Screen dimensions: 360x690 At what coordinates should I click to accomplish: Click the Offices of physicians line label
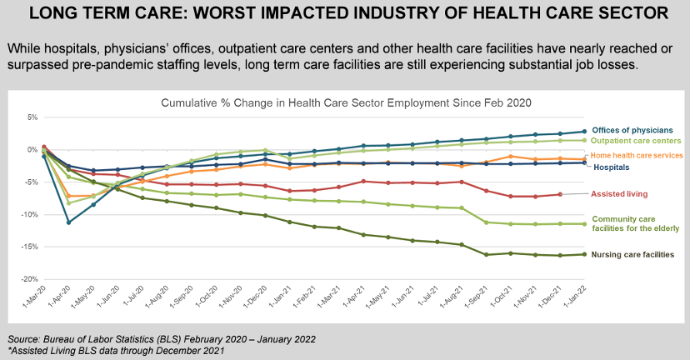pyautogui.click(x=637, y=131)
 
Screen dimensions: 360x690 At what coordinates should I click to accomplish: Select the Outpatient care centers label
pyautogui.click(x=637, y=142)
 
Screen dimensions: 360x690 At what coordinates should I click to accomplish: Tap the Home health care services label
pyautogui.click(x=637, y=155)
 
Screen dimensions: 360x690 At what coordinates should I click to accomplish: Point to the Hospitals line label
pyautogui.click(x=612, y=167)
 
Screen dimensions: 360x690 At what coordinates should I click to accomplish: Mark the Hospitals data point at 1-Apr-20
pyautogui.click(x=68, y=222)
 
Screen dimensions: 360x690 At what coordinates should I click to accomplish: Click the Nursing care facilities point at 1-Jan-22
pyautogui.click(x=584, y=254)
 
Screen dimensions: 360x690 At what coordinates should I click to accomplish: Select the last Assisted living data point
pyautogui.click(x=560, y=194)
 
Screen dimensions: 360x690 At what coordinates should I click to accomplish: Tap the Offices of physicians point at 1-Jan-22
pyautogui.click(x=584, y=131)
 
